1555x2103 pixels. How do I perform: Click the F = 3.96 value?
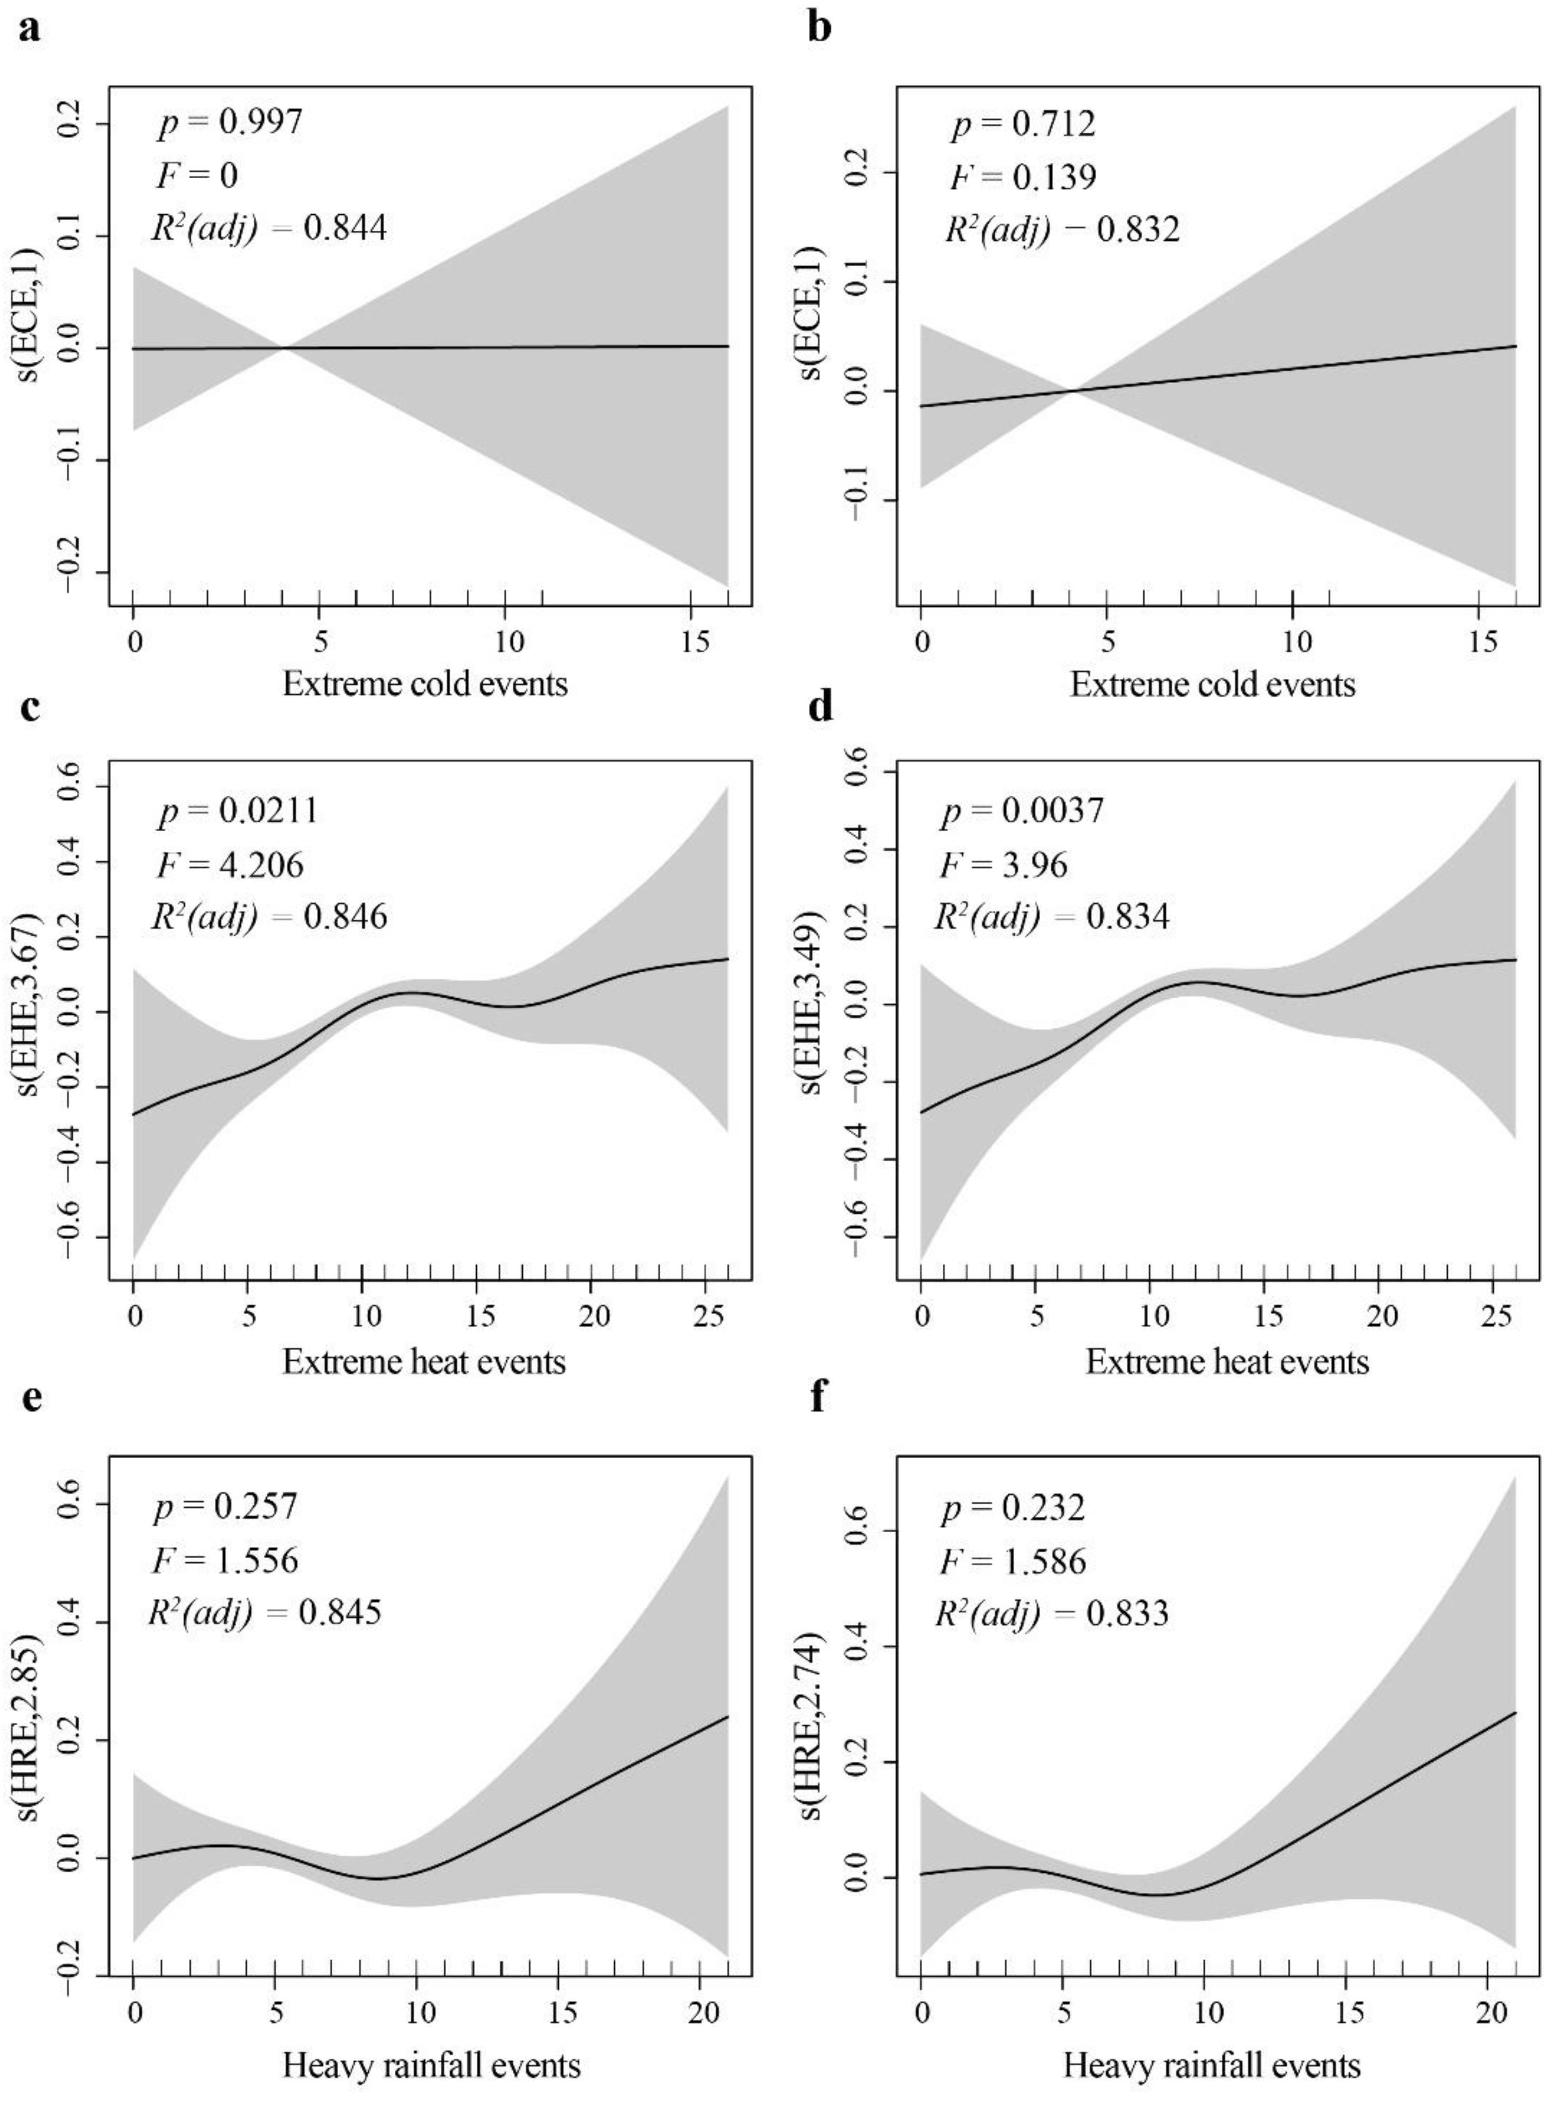tap(1003, 864)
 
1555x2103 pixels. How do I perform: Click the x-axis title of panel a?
tap(425, 683)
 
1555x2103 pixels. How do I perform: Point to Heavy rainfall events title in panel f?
tap(1212, 2066)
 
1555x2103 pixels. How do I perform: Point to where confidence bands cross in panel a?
tap(283, 348)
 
